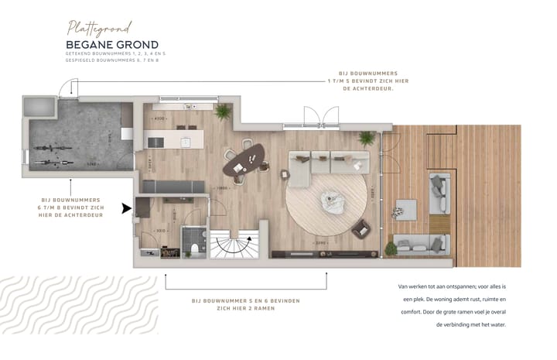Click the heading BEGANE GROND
[112, 45]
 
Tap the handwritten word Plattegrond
[100, 28]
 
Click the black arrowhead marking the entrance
[126, 207]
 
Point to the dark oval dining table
[243, 161]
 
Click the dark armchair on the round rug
[361, 229]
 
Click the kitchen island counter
[175, 139]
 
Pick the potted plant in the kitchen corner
[223, 112]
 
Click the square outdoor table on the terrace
[405, 208]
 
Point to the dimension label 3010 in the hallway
[160, 230]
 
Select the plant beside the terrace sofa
[391, 249]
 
